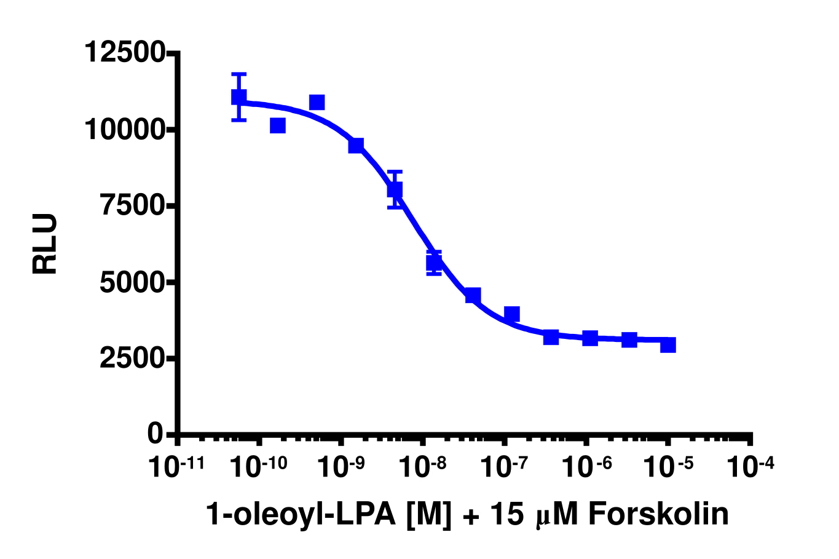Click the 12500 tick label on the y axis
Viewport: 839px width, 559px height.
click(x=125, y=52)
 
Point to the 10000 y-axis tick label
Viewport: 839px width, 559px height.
click(x=125, y=129)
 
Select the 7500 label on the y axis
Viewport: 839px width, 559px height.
click(x=133, y=205)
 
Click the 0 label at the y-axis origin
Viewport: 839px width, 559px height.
click(x=155, y=434)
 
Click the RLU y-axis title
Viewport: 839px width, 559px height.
click(x=45, y=244)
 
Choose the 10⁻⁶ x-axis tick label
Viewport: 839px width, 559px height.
click(x=586, y=466)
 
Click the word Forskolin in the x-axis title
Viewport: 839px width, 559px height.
click(x=659, y=515)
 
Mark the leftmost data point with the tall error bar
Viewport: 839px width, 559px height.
click(x=239, y=97)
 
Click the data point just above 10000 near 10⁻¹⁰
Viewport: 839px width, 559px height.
click(x=278, y=125)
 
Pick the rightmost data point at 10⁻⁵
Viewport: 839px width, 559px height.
click(x=668, y=344)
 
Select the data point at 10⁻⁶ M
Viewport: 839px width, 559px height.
click(x=590, y=338)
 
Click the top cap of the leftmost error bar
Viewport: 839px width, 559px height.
click(x=239, y=74)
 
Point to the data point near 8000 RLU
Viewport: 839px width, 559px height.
click(x=395, y=189)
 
